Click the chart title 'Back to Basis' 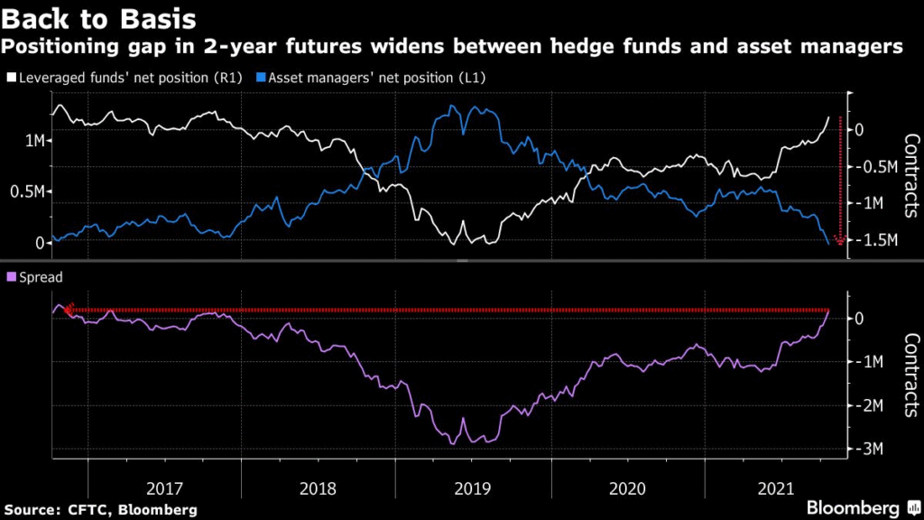coord(101,17)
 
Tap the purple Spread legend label coord(41,278)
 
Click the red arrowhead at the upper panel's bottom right coord(840,241)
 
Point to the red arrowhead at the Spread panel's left coord(69,310)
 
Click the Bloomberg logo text coord(853,508)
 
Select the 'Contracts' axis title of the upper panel coord(910,176)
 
